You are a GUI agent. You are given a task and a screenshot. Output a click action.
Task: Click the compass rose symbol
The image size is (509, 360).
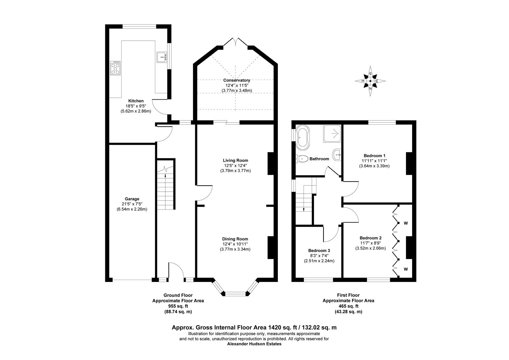(370, 81)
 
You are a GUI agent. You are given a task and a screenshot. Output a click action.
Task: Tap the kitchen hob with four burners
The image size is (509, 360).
(116, 68)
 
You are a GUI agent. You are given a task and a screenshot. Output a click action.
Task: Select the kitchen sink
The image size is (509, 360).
(162, 57)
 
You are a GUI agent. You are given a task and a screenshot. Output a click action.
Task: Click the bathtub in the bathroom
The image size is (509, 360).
(303, 137)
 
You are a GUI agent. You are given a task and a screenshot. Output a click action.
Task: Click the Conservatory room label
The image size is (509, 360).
(237, 80)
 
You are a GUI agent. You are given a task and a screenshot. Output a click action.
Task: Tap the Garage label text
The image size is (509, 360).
(132, 199)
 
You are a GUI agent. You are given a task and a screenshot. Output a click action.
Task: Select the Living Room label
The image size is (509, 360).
(236, 160)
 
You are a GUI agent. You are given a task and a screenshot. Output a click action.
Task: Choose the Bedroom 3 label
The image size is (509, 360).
(319, 251)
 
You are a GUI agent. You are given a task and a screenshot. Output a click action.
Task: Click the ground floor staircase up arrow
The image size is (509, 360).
(165, 180)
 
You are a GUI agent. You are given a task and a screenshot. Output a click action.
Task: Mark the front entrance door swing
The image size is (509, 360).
(176, 270)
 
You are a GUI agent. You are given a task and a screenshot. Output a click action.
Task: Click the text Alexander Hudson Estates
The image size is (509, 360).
(254, 344)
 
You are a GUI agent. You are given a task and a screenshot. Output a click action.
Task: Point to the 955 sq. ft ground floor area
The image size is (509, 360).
(178, 306)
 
